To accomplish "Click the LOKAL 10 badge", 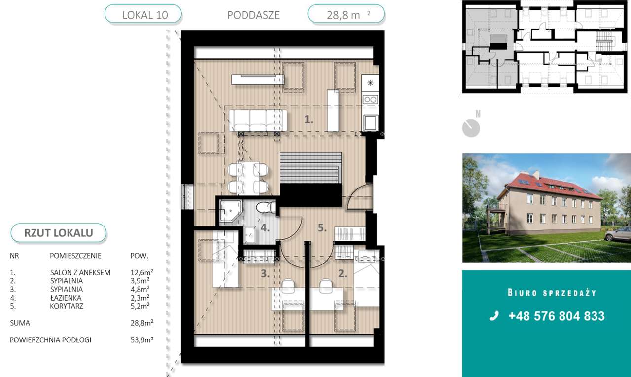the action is [x=143, y=14].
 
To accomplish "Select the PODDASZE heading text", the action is [x=253, y=15].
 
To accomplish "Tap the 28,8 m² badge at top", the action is [x=346, y=14].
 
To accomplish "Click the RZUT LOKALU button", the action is [x=59, y=233].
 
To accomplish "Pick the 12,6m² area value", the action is [x=141, y=272].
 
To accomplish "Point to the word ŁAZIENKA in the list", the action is [x=66, y=298].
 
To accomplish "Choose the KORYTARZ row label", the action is [x=67, y=306].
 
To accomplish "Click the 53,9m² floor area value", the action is [x=141, y=340].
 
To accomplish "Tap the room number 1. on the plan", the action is [x=309, y=120].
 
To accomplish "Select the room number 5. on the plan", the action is [x=322, y=228].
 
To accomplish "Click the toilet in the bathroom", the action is [x=265, y=207].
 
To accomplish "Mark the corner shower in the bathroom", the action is [x=230, y=211].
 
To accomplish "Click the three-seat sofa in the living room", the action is [x=258, y=120].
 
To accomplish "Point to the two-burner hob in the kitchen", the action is [x=370, y=99].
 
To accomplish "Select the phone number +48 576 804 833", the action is [x=557, y=316].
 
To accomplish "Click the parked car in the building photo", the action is [x=617, y=234].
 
